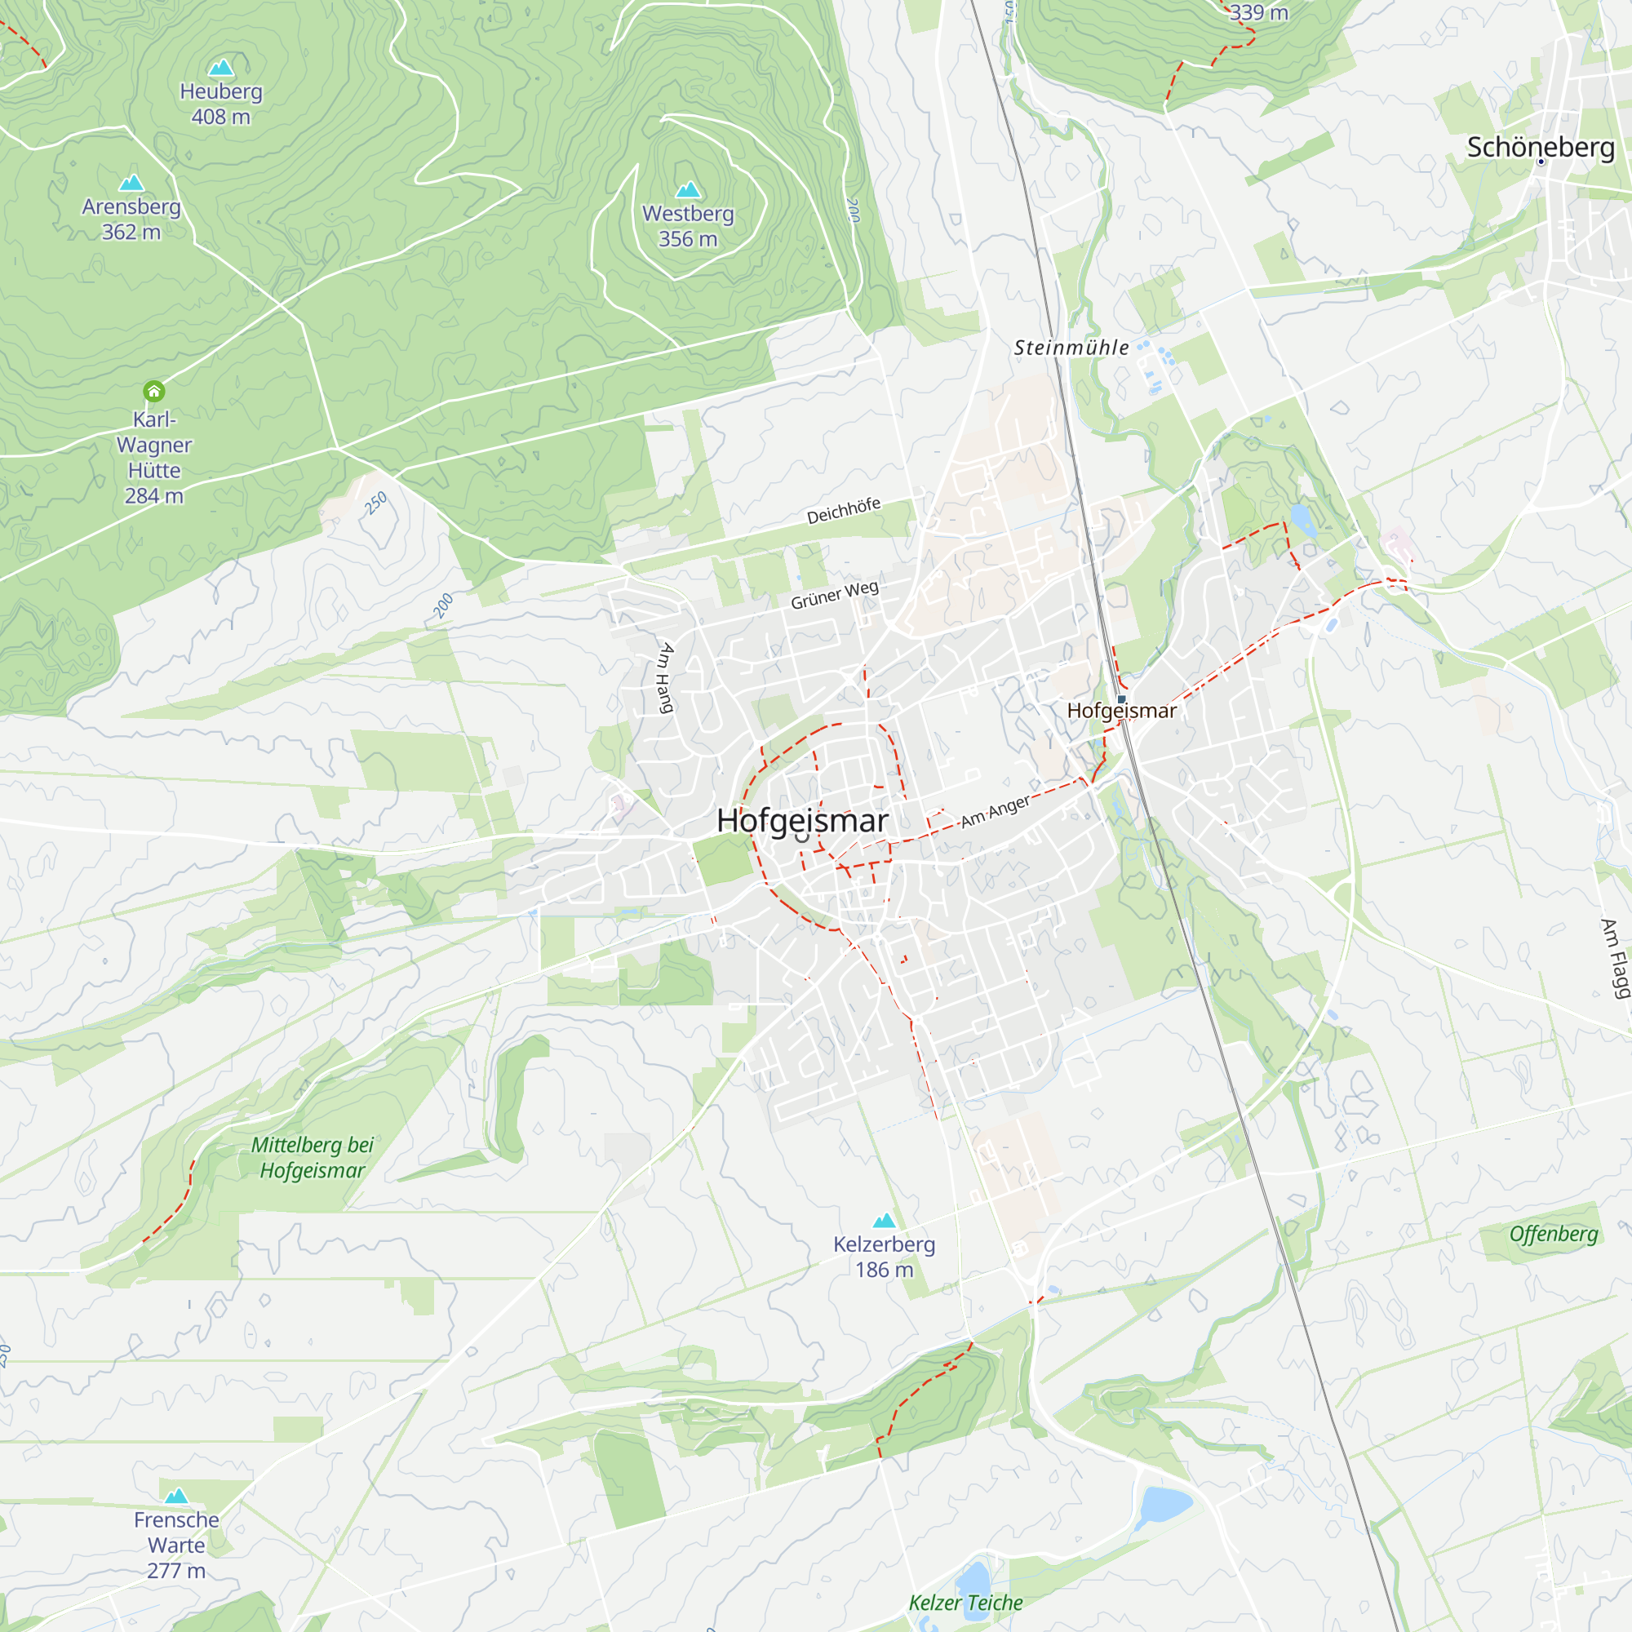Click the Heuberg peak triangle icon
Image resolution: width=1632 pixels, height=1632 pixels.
[x=221, y=68]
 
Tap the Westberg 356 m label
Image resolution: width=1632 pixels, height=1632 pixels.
[x=688, y=226]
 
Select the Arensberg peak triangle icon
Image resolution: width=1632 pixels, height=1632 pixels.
[x=131, y=183]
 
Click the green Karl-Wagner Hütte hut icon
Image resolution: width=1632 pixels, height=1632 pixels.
[x=153, y=391]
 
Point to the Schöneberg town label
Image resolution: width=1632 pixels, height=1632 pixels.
[x=1541, y=147]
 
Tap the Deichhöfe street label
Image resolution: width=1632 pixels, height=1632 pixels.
[x=843, y=511]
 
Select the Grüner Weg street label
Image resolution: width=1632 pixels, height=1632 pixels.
[x=835, y=595]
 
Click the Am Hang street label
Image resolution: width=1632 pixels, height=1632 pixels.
[x=667, y=677]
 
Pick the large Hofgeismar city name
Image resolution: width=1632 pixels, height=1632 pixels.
[x=801, y=821]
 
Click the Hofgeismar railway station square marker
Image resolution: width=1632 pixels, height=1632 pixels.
[x=1121, y=699]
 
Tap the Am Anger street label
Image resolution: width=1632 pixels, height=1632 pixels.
[x=995, y=811]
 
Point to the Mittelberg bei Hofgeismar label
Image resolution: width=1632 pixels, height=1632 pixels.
[x=313, y=1157]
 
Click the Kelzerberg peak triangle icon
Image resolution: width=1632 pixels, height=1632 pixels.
[x=885, y=1221]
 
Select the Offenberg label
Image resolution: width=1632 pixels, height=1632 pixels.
[x=1554, y=1234]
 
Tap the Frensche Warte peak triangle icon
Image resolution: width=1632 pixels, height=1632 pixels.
[x=175, y=1496]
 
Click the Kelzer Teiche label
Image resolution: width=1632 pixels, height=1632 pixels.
[x=965, y=1603]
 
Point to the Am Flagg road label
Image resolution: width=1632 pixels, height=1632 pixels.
[x=1615, y=959]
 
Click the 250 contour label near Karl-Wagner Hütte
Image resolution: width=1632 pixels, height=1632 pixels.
[x=375, y=503]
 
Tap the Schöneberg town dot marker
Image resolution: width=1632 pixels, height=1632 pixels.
[x=1541, y=162]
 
